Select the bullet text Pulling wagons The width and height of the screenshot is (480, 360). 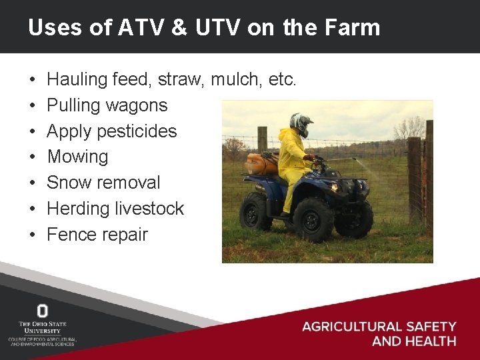pyautogui.click(x=107, y=105)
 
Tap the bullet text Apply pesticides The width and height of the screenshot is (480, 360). pyautogui.click(x=112, y=131)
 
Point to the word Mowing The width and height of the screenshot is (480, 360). pyautogui.click(x=77, y=157)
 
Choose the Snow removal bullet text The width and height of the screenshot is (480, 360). pyautogui.click(x=104, y=183)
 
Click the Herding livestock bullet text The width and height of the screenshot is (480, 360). pyautogui.click(x=115, y=209)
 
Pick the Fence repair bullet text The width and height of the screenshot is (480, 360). pyautogui.click(x=97, y=235)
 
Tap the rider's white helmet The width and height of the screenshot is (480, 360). pyautogui.click(x=301, y=123)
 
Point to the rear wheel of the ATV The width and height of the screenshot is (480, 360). pyautogui.click(x=256, y=210)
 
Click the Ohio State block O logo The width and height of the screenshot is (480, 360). pyautogui.click(x=42, y=311)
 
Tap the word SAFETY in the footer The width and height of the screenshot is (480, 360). pyautogui.click(x=429, y=327)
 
